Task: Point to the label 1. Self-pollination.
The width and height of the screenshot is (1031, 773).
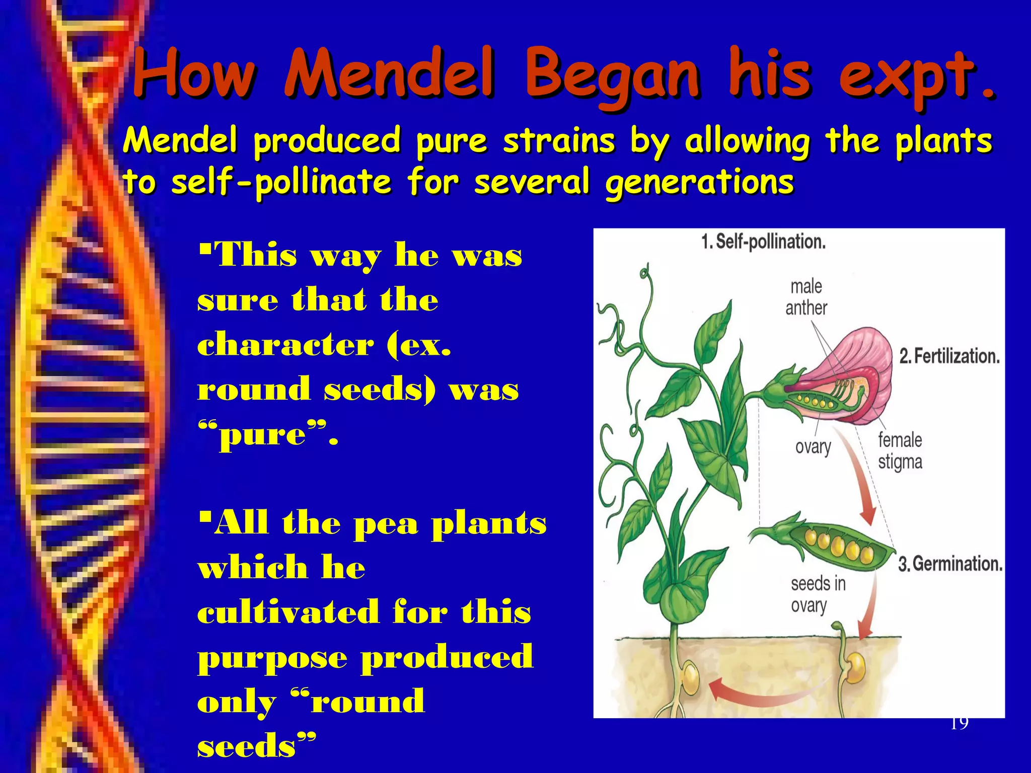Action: tap(763, 242)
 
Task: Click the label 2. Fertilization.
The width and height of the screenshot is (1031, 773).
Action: tap(949, 356)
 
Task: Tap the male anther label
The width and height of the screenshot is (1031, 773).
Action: tap(806, 297)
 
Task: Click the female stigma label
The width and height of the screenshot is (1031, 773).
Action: tap(900, 451)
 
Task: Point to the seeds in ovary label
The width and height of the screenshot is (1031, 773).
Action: tap(818, 594)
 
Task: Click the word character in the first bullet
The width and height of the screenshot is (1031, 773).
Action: tap(285, 345)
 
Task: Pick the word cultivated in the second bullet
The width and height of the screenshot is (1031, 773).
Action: tap(288, 612)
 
